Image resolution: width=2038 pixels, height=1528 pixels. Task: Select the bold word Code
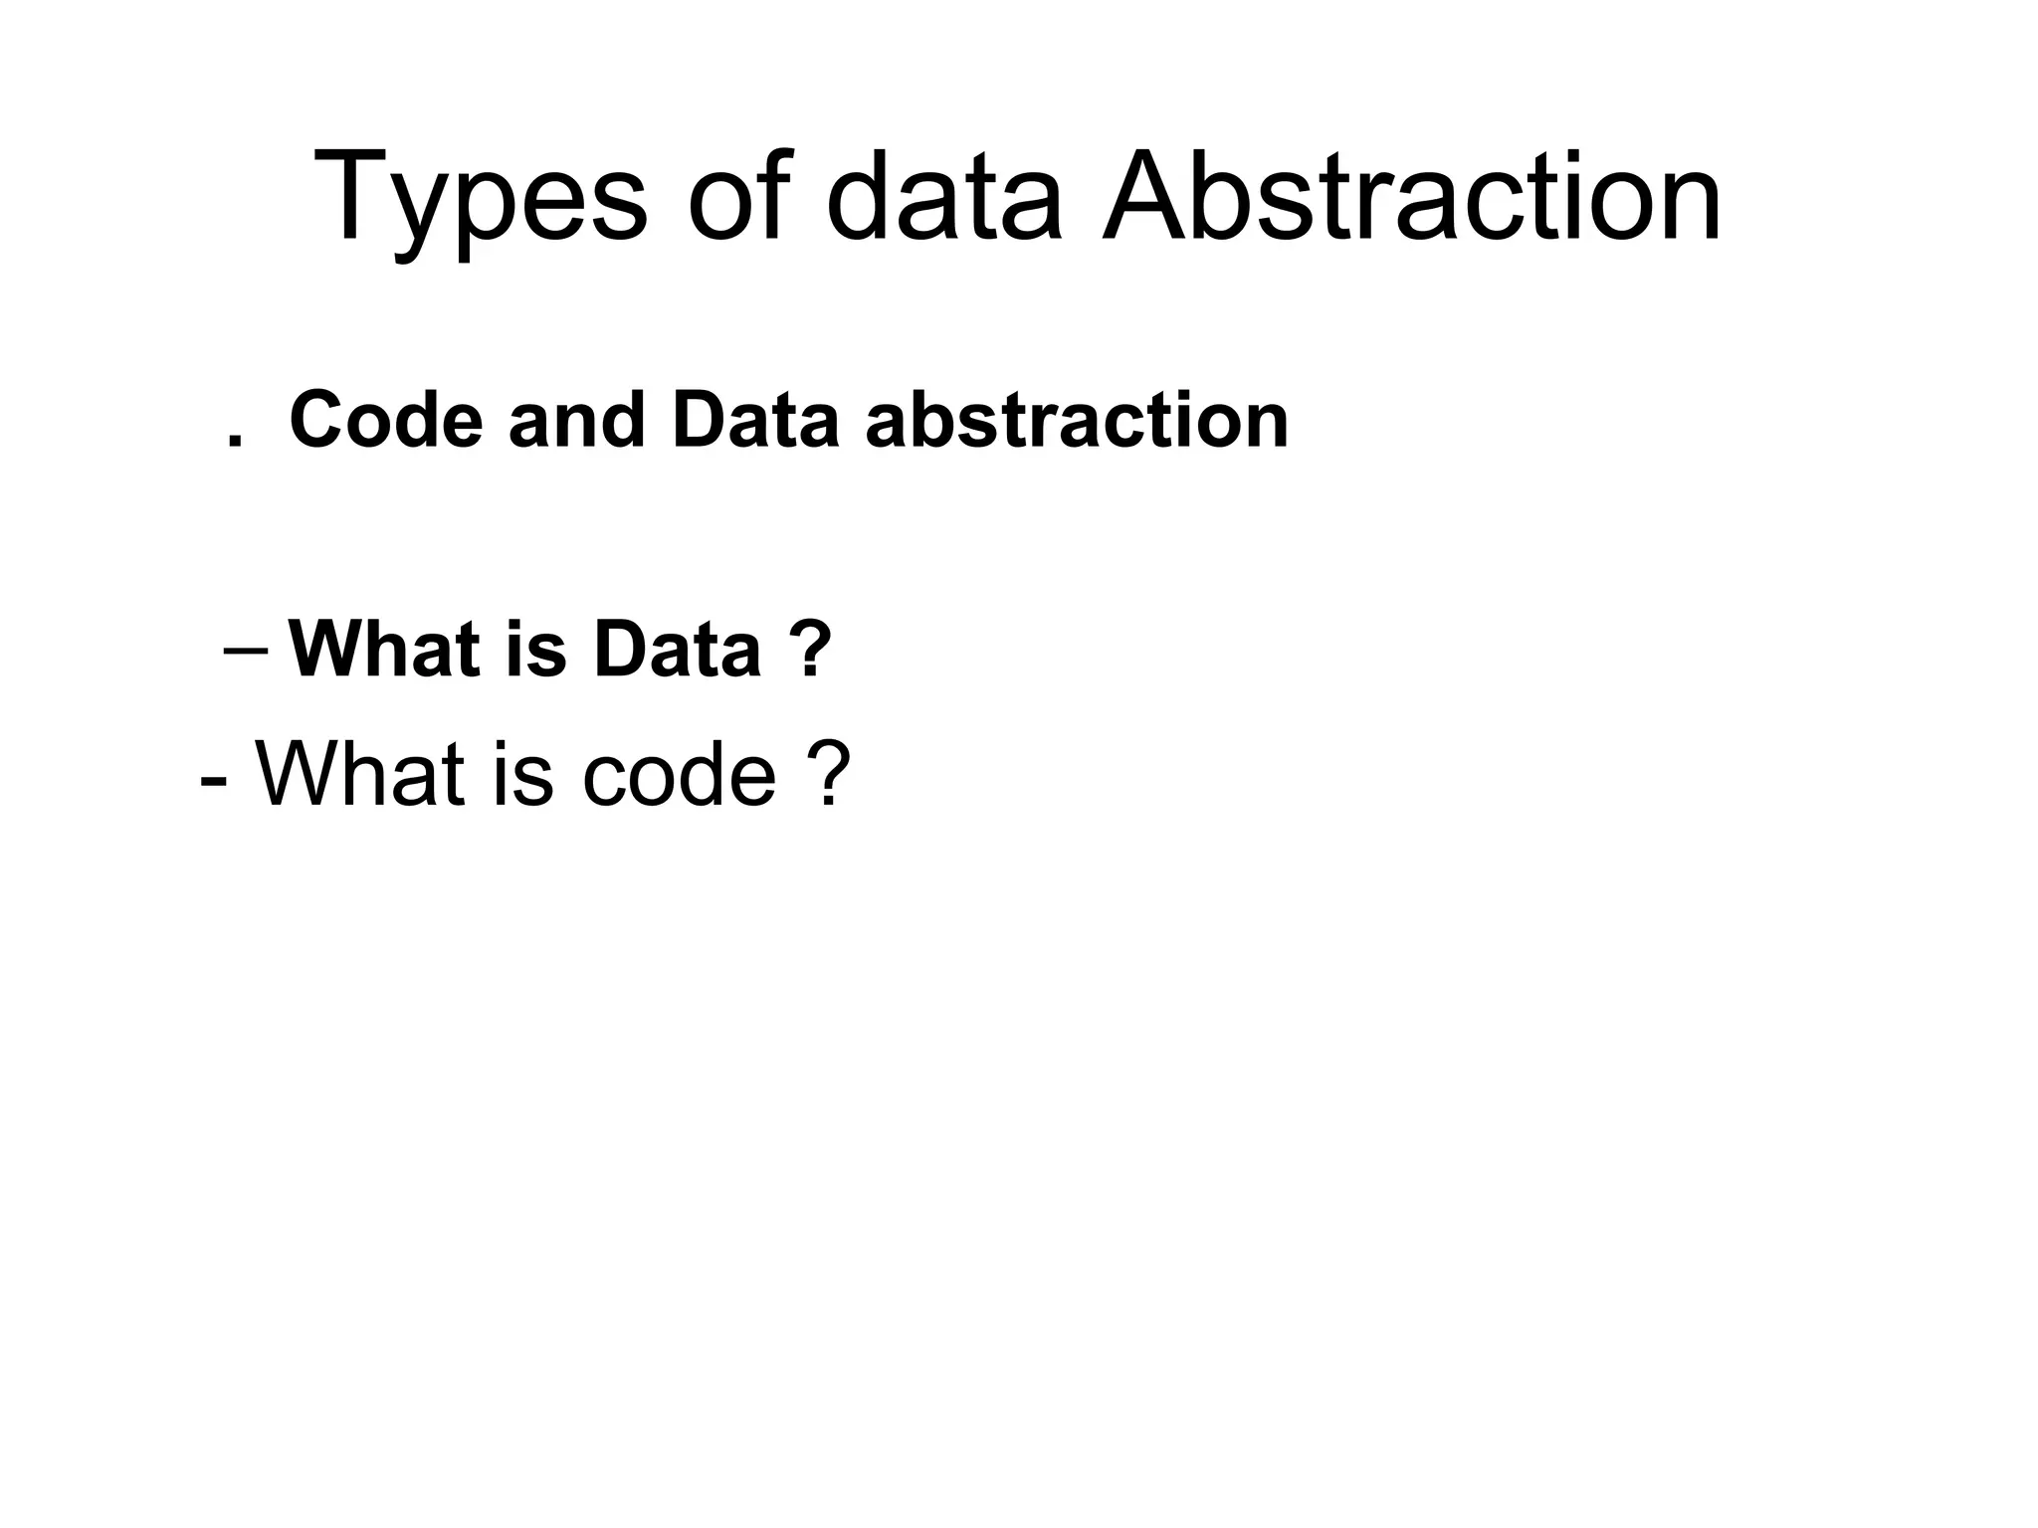click(386, 421)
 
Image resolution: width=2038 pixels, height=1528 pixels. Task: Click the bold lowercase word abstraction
click(1077, 423)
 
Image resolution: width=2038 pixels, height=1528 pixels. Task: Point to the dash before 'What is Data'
click(246, 651)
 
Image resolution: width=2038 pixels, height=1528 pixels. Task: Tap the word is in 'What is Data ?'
click(537, 651)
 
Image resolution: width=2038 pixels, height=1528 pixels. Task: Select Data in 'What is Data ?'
click(677, 651)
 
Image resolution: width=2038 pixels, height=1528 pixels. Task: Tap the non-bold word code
click(679, 775)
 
